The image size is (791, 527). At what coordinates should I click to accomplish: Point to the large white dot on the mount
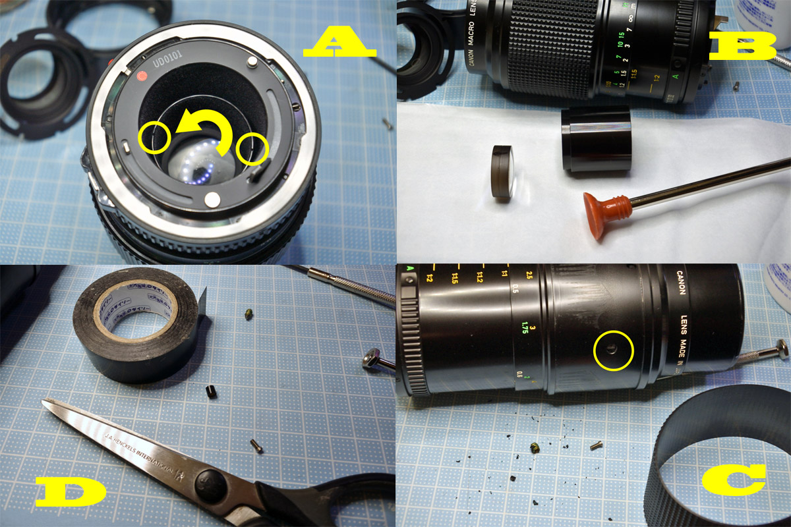pyautogui.click(x=212, y=198)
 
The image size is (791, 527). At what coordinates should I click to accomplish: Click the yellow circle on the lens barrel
pyautogui.click(x=613, y=351)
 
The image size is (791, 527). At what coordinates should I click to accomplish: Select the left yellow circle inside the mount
pyautogui.click(x=155, y=137)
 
